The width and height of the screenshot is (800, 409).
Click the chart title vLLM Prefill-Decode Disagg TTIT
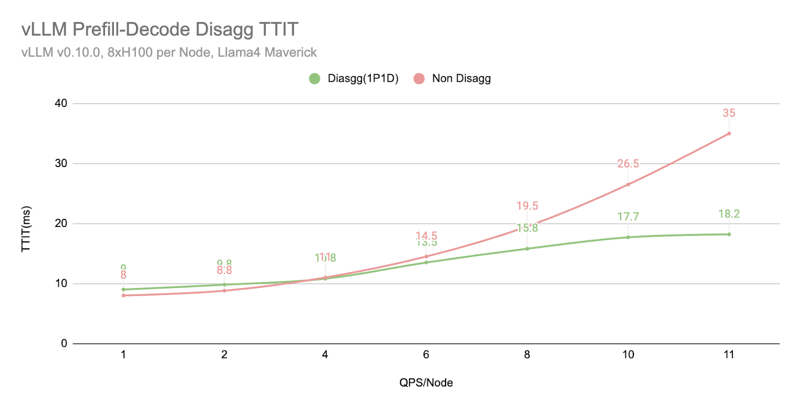(x=159, y=29)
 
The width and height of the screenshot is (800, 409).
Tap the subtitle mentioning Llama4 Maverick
(x=169, y=52)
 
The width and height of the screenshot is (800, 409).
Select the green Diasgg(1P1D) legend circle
(x=314, y=78)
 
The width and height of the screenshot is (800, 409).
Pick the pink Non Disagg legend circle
(x=419, y=78)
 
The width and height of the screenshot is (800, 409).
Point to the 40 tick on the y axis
(x=61, y=103)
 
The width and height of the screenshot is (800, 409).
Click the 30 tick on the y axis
(x=61, y=163)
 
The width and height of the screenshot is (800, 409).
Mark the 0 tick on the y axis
(x=64, y=343)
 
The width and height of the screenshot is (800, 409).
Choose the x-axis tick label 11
(x=729, y=354)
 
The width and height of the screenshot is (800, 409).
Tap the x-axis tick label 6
(x=426, y=354)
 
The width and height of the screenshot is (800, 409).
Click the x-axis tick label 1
(x=123, y=354)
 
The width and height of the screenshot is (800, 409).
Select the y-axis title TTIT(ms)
(x=26, y=229)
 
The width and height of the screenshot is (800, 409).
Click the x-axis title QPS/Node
(x=426, y=383)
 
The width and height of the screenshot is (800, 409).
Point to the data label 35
(x=729, y=113)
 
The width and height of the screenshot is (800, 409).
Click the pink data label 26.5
(x=628, y=163)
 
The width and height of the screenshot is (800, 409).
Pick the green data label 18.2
(x=729, y=214)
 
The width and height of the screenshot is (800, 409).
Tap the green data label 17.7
(x=628, y=216)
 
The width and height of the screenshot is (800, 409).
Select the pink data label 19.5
(x=527, y=206)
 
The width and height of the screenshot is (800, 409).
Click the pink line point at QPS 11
(x=729, y=133)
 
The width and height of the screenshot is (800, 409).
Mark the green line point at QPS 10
(x=628, y=237)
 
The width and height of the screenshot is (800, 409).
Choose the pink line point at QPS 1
(x=123, y=295)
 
